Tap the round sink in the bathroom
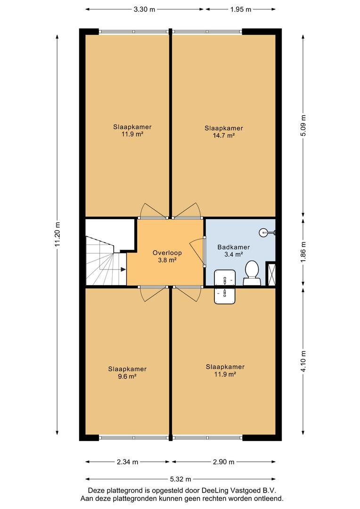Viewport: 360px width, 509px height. (263, 232)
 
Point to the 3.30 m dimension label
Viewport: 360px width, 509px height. (145, 9)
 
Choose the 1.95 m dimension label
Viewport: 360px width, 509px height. (241, 9)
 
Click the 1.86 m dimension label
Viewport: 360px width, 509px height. (303, 253)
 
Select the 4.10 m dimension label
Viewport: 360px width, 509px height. (303, 362)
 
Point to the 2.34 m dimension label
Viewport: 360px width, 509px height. (128, 461)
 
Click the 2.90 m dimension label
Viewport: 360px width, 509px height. (224, 461)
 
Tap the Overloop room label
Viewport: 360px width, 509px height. (167, 253)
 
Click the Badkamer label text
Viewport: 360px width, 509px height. (234, 247)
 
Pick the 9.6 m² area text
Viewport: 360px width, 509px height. (127, 377)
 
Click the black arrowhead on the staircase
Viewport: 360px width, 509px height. (123, 269)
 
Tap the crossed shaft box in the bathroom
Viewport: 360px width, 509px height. (271, 274)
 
